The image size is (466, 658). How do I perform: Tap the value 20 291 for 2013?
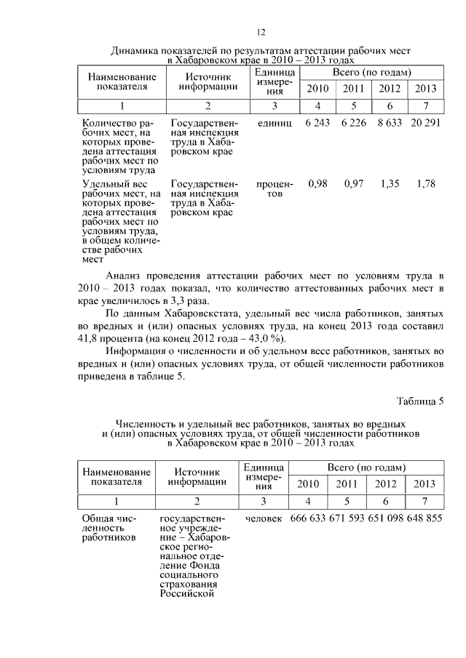click(424, 124)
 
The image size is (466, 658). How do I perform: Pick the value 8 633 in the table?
click(390, 124)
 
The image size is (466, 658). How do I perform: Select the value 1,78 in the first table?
click(425, 185)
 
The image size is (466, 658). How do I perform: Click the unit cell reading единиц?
click(275, 124)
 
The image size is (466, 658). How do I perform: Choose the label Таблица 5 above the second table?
click(419, 401)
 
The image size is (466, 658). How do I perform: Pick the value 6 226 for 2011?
click(353, 124)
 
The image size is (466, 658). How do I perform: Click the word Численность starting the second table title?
click(151, 423)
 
